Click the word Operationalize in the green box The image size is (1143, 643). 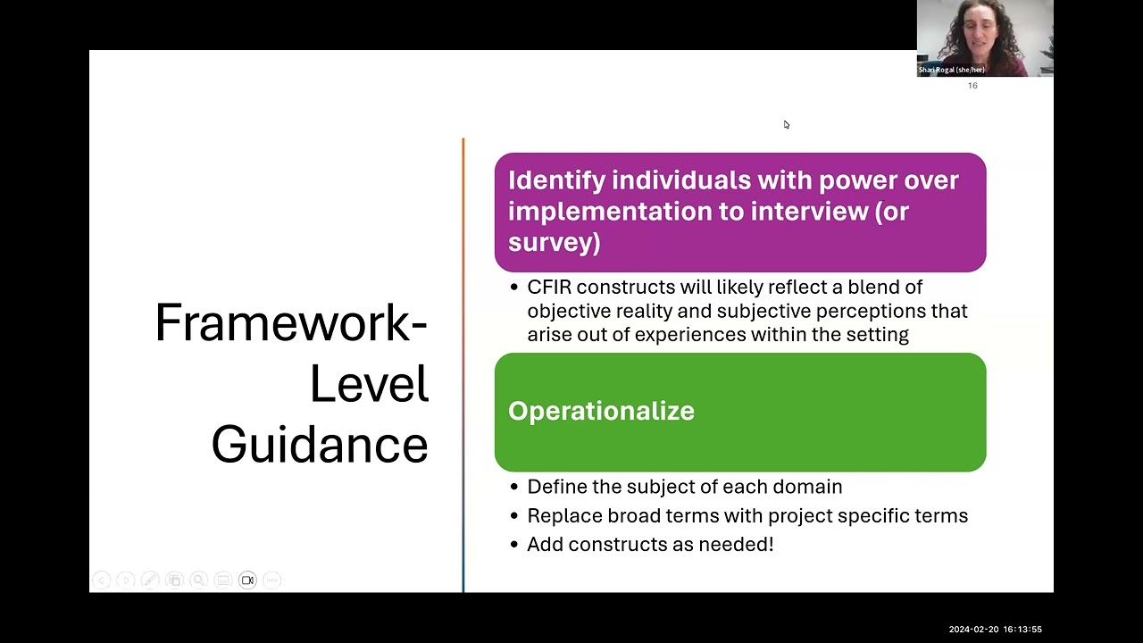[x=601, y=412]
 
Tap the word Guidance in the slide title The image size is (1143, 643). [x=320, y=445]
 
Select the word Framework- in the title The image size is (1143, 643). [x=291, y=323]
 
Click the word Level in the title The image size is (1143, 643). [x=369, y=384]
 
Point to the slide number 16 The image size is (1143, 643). [x=972, y=86]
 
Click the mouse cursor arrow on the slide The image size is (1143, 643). [x=787, y=124]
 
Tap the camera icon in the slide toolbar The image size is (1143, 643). [x=247, y=580]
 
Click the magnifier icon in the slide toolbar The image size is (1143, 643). [x=198, y=580]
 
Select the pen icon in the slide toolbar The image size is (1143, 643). [x=150, y=580]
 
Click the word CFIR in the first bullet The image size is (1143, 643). [x=549, y=288]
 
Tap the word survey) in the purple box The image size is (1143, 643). [x=555, y=242]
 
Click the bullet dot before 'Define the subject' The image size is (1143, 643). [x=513, y=487]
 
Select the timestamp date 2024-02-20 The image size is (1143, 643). [x=973, y=630]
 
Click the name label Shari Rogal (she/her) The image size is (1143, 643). [x=952, y=70]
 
